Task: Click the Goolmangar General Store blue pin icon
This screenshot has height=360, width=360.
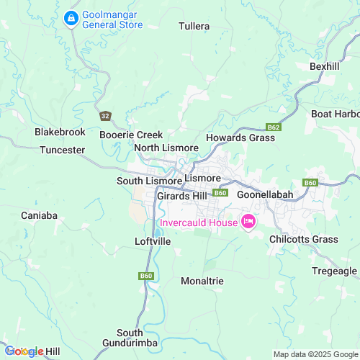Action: (x=72, y=17)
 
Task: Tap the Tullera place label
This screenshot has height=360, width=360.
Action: (x=195, y=27)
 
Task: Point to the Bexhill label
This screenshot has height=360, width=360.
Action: (x=324, y=66)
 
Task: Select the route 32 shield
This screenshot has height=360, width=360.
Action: (x=106, y=116)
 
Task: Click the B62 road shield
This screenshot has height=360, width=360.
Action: (x=273, y=127)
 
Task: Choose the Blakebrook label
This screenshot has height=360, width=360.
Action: (x=60, y=132)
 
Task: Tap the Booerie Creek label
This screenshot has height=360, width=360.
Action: (x=131, y=135)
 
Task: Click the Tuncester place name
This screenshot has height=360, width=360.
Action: (x=62, y=150)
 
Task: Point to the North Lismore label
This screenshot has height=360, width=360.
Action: (x=166, y=148)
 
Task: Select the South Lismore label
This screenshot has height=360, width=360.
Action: (x=149, y=181)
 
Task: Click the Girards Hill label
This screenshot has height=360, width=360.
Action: (x=181, y=196)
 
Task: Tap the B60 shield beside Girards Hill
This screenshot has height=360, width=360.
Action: (x=220, y=193)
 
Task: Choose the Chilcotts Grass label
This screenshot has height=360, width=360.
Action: (x=303, y=240)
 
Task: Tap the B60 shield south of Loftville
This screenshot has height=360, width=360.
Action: (x=146, y=276)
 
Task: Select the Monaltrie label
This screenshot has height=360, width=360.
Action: (x=202, y=281)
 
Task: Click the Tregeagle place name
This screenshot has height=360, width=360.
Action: (x=334, y=271)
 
